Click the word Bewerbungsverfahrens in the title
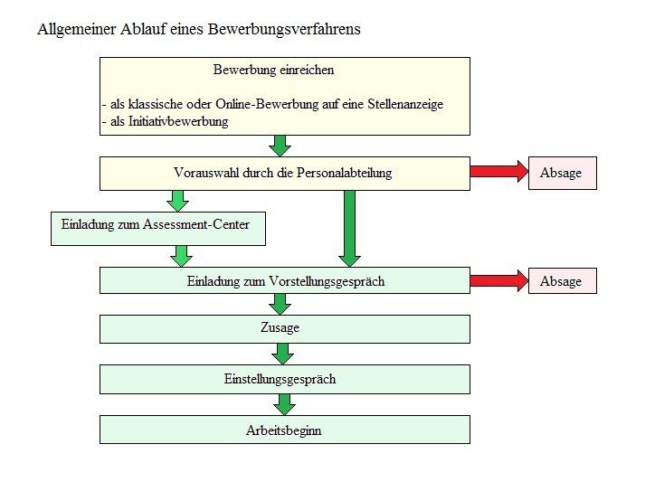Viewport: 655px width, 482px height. pyautogui.click(x=284, y=30)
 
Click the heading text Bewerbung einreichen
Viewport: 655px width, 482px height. pyautogui.click(x=273, y=70)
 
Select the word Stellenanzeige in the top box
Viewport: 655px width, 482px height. pyautogui.click(x=405, y=104)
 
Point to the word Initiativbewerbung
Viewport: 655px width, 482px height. pyautogui.click(x=178, y=121)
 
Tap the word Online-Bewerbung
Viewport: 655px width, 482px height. pyautogui.click(x=267, y=104)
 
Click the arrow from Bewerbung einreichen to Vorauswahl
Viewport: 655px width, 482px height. pyautogui.click(x=280, y=146)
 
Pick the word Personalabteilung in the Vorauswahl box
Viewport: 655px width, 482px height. pyautogui.click(x=344, y=173)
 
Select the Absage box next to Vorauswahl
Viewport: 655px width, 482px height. pyautogui.click(x=562, y=173)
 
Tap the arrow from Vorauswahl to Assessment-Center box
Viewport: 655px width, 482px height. pyautogui.click(x=177, y=202)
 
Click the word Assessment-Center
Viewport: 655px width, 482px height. pyautogui.click(x=196, y=224)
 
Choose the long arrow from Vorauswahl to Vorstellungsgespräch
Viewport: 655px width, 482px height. pyautogui.click(x=349, y=229)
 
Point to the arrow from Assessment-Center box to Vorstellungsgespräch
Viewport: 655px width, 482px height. pyautogui.click(x=181, y=257)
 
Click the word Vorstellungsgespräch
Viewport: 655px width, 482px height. pyautogui.click(x=327, y=281)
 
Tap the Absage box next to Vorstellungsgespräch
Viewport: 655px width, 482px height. pyautogui.click(x=562, y=280)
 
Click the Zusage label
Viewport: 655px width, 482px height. pyautogui.click(x=280, y=327)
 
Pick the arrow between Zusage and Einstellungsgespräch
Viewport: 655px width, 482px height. pyautogui.click(x=282, y=354)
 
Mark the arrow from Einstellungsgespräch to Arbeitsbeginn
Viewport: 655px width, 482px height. pyautogui.click(x=284, y=405)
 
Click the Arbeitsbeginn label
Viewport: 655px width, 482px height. pyautogui.click(x=284, y=430)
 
